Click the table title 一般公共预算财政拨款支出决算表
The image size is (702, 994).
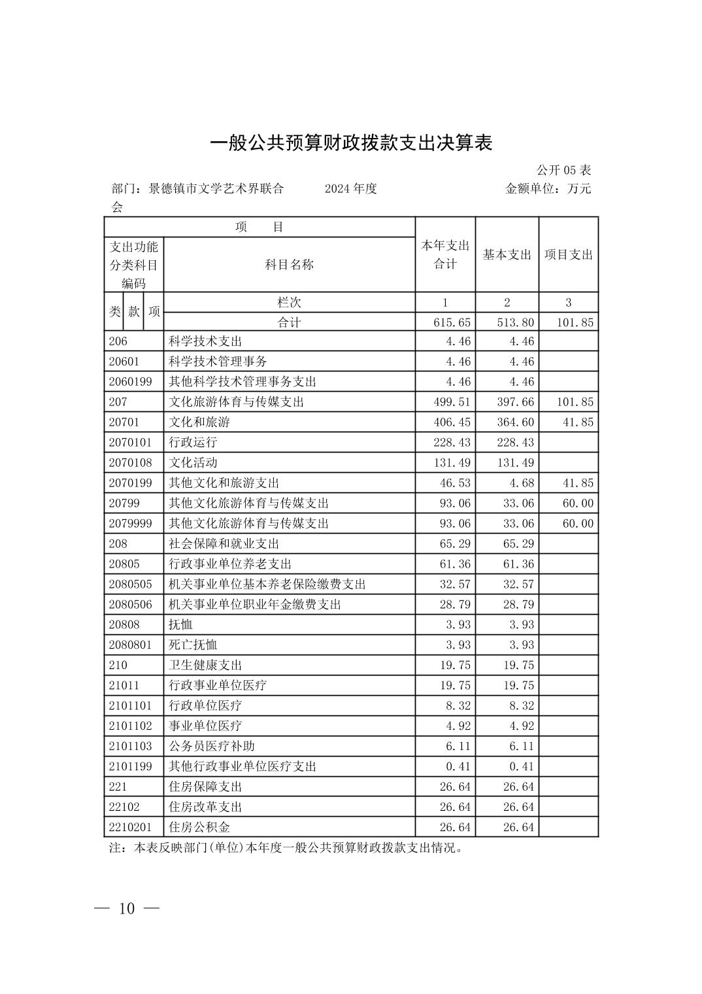coord(351,143)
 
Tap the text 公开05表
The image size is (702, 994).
coord(563,170)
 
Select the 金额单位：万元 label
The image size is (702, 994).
coord(548,189)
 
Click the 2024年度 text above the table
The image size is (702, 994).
coord(351,189)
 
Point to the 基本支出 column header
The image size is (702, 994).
coord(507,255)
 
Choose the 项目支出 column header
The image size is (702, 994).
coord(568,255)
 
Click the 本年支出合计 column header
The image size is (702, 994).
coord(445,255)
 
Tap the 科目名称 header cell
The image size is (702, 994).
coord(289,264)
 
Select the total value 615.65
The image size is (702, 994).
coord(452,322)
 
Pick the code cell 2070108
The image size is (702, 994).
coord(130,463)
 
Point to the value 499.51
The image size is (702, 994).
coord(452,402)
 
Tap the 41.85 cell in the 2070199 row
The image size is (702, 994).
coord(578,483)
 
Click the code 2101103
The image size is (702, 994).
coord(130,746)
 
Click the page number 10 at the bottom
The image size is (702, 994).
coord(127,908)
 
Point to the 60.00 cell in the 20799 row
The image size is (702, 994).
coord(578,504)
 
